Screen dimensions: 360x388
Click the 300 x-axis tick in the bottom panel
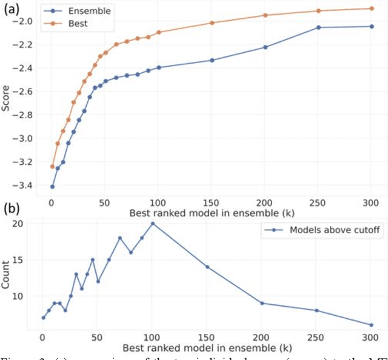pos(371,337)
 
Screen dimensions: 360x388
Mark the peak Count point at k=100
pos(153,223)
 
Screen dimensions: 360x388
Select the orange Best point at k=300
pos(371,8)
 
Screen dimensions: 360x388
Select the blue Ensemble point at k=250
pos(318,27)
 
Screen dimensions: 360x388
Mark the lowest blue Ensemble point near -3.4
pos(52,187)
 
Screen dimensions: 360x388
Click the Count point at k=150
pos(207,267)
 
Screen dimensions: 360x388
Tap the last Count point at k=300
pos(371,325)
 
